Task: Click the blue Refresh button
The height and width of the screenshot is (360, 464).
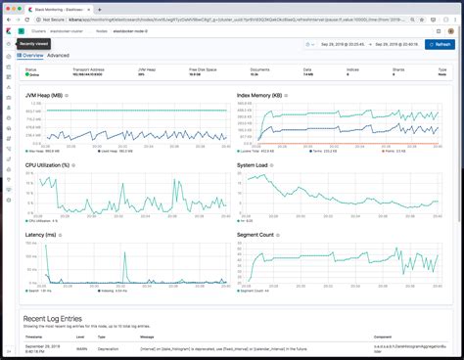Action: click(440, 44)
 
